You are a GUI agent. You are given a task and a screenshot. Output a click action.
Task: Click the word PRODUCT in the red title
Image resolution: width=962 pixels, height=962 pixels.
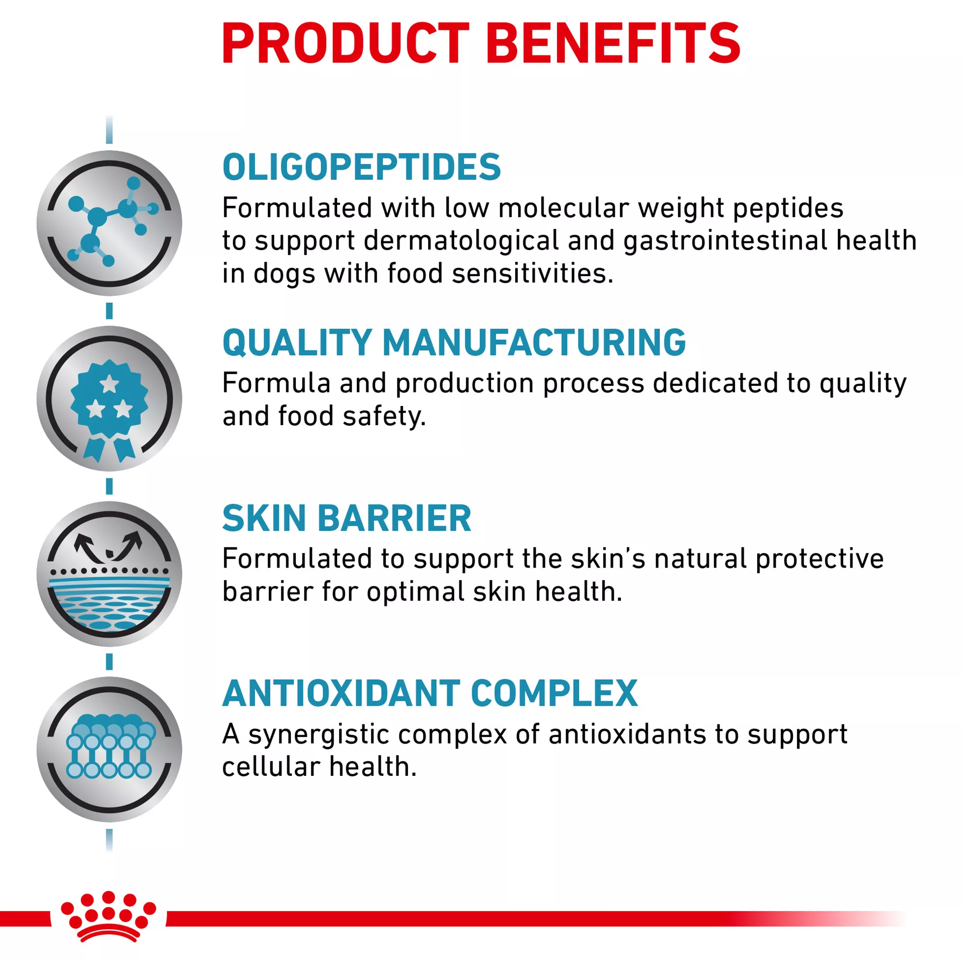pyautogui.click(x=345, y=43)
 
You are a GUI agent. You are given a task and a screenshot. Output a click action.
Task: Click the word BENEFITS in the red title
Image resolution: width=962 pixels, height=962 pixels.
pyautogui.click(x=613, y=43)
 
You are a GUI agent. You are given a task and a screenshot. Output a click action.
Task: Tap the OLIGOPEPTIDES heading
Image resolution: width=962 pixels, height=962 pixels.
pyautogui.click(x=362, y=167)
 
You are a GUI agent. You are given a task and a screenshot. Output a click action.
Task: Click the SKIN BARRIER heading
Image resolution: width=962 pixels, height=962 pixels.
pyautogui.click(x=346, y=519)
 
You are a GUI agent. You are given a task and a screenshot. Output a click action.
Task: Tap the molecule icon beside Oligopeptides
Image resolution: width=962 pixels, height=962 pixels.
pyautogui.click(x=110, y=223)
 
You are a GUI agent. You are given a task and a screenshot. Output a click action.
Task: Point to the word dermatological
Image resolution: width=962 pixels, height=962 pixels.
pyautogui.click(x=461, y=241)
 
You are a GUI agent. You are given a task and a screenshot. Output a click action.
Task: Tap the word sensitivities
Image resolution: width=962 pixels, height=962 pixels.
pyautogui.click(x=532, y=273)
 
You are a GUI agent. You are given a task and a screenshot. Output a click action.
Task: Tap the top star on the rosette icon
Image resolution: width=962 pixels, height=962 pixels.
pyautogui.click(x=110, y=384)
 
